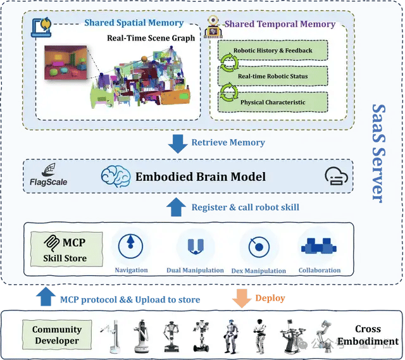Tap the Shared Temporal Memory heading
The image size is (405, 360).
tap(280, 24)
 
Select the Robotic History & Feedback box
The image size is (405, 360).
tap(272, 50)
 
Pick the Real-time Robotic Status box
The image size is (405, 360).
tap(272, 76)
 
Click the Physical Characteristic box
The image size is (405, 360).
tap(272, 102)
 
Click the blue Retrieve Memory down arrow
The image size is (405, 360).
tap(177, 142)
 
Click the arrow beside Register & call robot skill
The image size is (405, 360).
tap(177, 207)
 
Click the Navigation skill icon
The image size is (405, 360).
tap(131, 246)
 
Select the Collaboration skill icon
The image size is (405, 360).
tap(320, 246)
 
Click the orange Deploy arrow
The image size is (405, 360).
tap(241, 297)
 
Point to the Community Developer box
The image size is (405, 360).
tap(57, 335)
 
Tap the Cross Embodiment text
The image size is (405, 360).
tap(368, 335)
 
